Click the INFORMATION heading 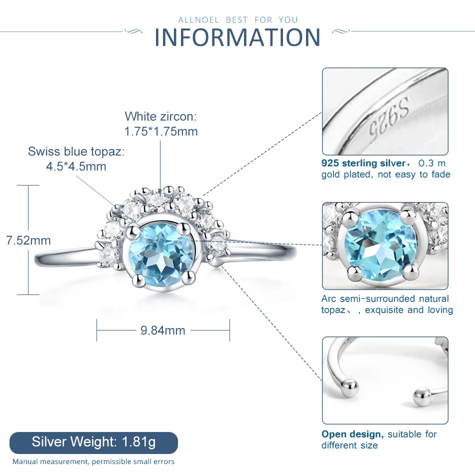click(x=237, y=37)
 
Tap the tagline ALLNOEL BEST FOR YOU click(x=238, y=20)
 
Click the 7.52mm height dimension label click(x=28, y=240)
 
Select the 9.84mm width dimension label click(x=163, y=330)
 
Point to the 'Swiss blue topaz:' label click(x=76, y=151)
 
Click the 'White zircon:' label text click(x=160, y=116)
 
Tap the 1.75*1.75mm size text click(x=161, y=131)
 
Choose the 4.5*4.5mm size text click(x=76, y=166)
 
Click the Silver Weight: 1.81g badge click(x=93, y=442)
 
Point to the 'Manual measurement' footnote click(x=93, y=461)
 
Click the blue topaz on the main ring click(x=160, y=256)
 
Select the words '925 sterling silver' click(x=363, y=163)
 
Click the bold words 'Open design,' click(x=352, y=434)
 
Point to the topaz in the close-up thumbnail click(x=380, y=246)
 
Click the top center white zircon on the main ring click(x=157, y=199)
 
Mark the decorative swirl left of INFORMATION click(x=133, y=31)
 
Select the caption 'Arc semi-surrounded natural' click(x=385, y=298)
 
